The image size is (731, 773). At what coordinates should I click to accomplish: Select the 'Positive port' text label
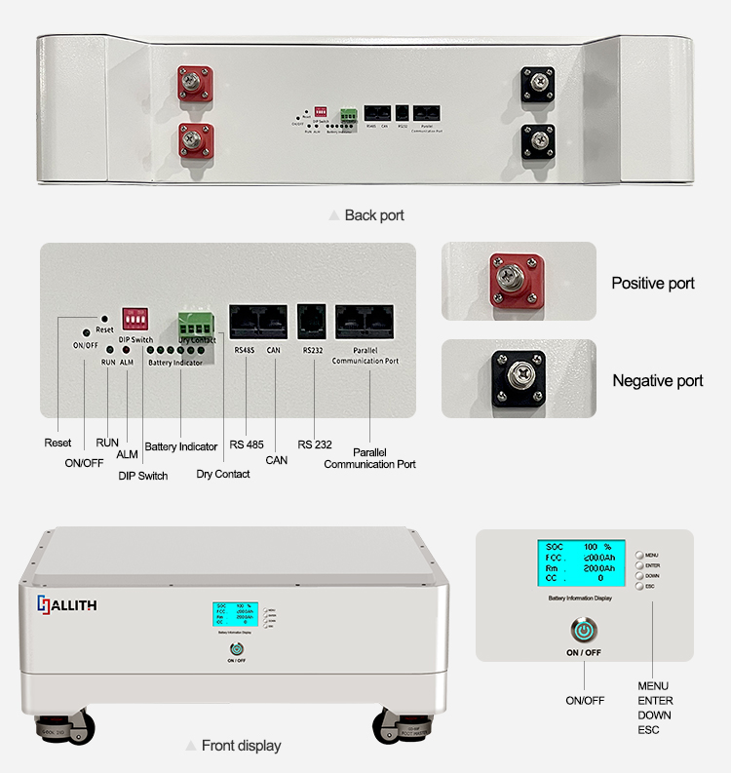point(653,284)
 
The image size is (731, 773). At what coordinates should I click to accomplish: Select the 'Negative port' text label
point(657,380)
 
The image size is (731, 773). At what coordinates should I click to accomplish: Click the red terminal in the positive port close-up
point(518,281)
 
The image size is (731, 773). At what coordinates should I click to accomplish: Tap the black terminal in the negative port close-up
point(518,377)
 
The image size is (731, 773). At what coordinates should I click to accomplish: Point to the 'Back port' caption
point(374,214)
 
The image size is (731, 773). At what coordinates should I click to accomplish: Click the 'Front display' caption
point(241,746)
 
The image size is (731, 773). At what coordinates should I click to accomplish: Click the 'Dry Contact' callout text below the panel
point(223,475)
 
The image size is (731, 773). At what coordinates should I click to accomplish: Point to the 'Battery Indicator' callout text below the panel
point(181,446)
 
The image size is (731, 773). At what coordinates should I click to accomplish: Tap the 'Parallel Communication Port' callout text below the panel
point(370,459)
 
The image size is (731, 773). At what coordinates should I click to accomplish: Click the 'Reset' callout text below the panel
point(58,444)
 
